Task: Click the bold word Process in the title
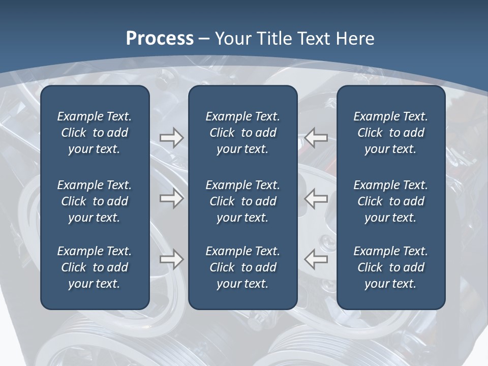pos(160,39)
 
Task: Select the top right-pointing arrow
pos(171,137)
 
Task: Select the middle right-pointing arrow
pos(171,198)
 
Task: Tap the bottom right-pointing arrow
pos(171,259)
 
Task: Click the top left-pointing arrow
pos(316,137)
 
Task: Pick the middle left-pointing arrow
pos(316,198)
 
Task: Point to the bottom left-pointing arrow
pos(316,259)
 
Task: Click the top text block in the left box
pos(95,133)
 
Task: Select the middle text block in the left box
pos(95,201)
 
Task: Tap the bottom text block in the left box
pos(95,267)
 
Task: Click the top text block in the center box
pos(242,133)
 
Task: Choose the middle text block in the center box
pos(242,201)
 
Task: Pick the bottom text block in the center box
pos(242,267)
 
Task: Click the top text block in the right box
pos(390,133)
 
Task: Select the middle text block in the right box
pos(390,201)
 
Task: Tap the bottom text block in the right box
pos(390,267)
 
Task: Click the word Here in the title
pos(355,39)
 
